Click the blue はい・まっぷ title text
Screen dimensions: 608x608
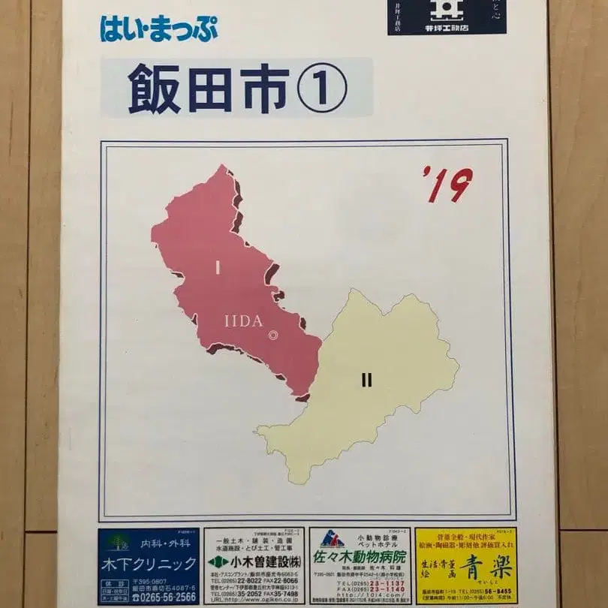pyautogui.click(x=158, y=29)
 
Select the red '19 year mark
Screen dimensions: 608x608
pyautogui.click(x=447, y=185)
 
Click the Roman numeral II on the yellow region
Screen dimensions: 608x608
pyautogui.click(x=366, y=380)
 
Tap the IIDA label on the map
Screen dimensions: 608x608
pyautogui.click(x=243, y=321)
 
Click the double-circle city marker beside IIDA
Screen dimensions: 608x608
pyautogui.click(x=273, y=336)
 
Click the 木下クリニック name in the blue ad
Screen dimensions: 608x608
pyautogui.click(x=148, y=562)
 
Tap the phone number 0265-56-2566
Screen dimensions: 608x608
pyautogui.click(x=164, y=597)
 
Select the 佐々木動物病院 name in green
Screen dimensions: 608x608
pyautogui.click(x=361, y=557)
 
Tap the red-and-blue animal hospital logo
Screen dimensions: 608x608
pyautogui.click(x=332, y=539)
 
